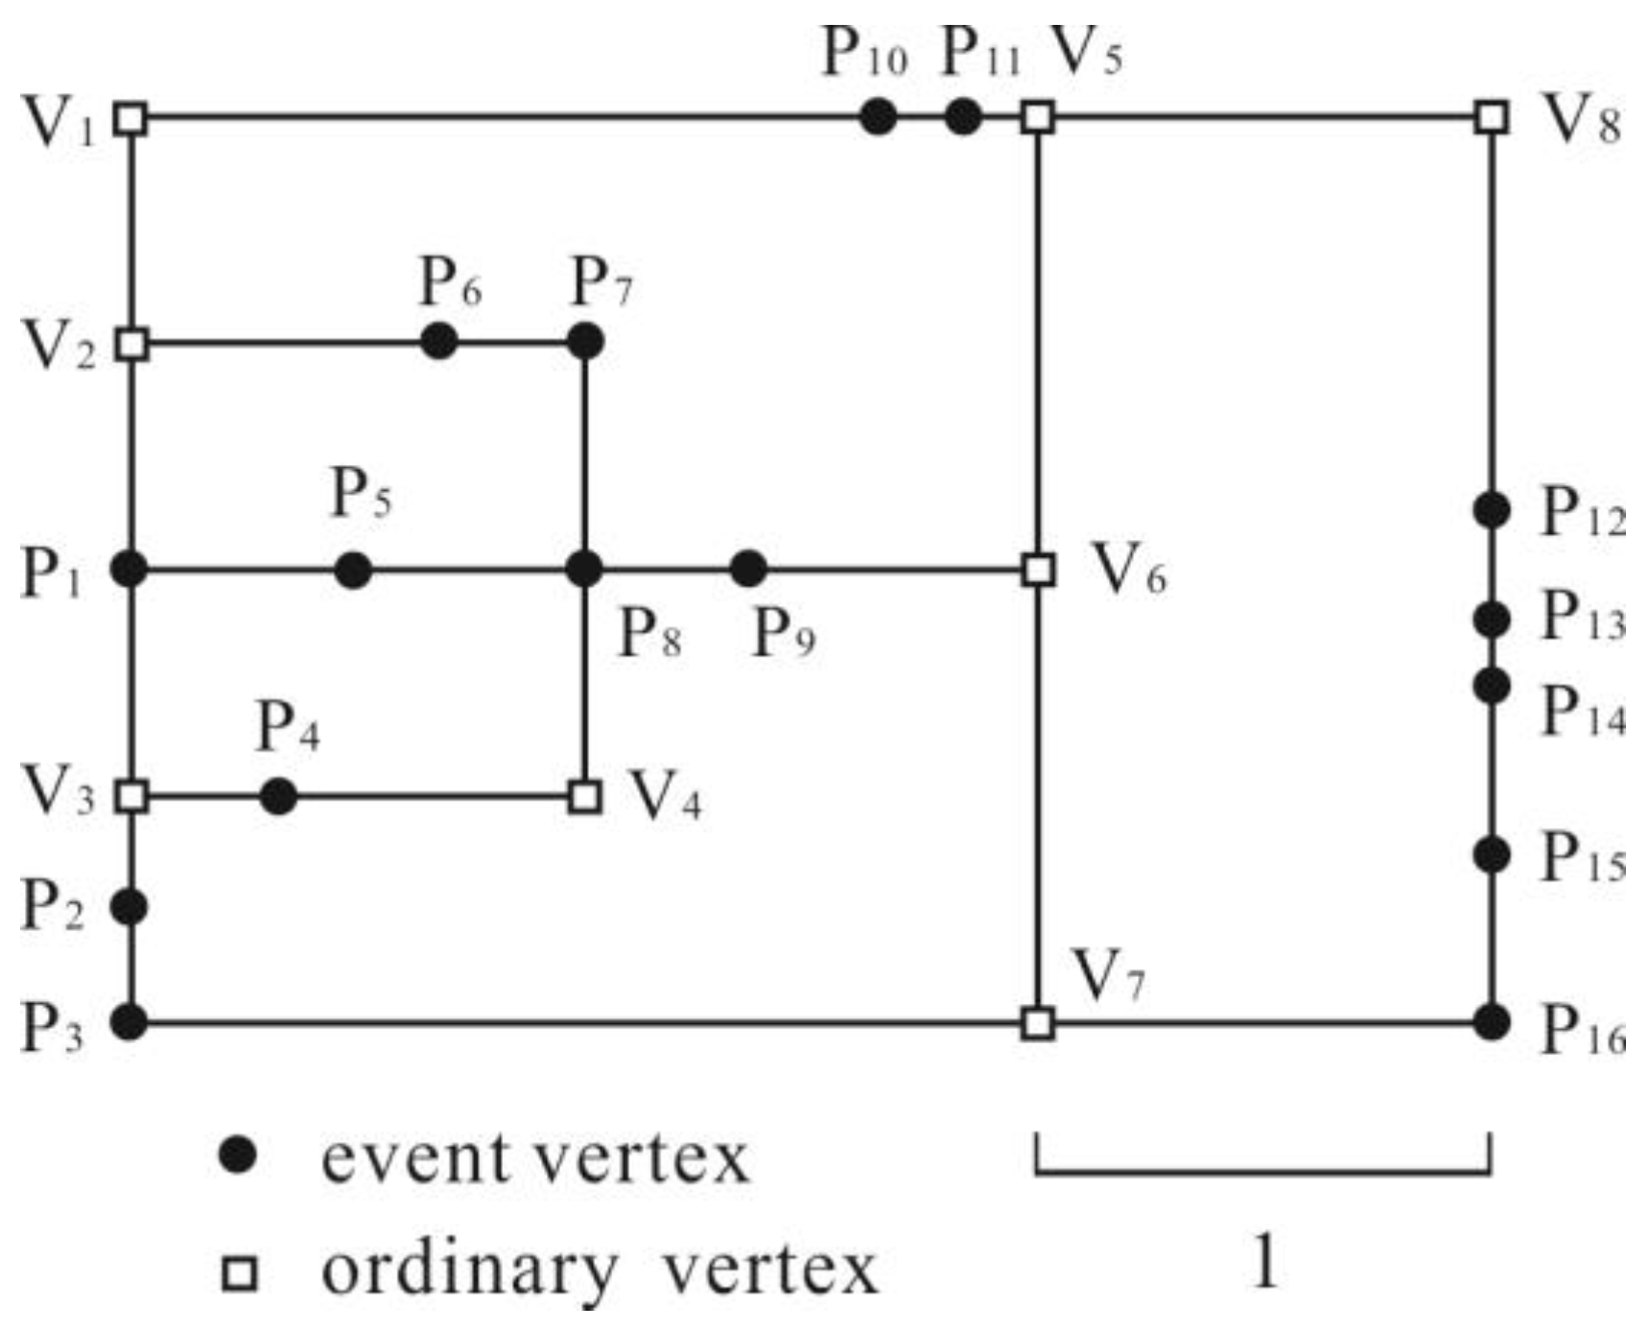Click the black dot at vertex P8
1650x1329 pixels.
(584, 570)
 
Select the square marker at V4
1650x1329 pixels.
(584, 797)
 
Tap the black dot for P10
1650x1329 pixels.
(878, 118)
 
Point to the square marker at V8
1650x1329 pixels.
(1491, 118)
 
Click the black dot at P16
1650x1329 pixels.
(1491, 1022)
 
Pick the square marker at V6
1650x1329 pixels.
(1038, 570)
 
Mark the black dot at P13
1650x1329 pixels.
(1491, 620)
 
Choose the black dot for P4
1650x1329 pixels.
(278, 797)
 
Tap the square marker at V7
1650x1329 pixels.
(1038, 1023)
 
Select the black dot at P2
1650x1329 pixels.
(130, 906)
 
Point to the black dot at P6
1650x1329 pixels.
(438, 341)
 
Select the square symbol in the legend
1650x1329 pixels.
(239, 1274)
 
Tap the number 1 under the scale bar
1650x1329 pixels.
(1264, 1261)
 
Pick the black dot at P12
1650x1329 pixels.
(1491, 510)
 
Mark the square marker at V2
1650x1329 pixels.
(132, 343)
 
